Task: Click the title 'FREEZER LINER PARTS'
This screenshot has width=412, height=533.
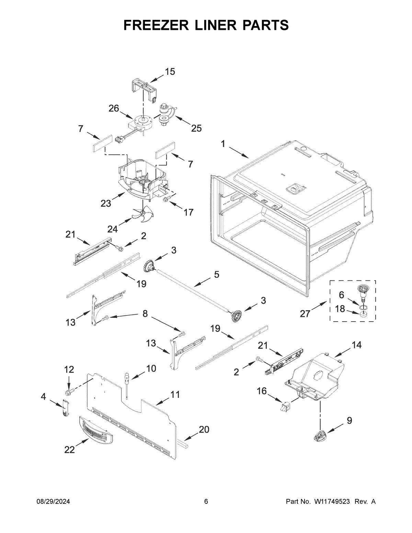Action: click(206, 25)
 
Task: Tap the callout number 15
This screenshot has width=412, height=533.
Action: click(170, 72)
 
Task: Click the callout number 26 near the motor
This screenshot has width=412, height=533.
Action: click(114, 108)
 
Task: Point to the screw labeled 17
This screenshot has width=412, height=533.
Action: click(168, 199)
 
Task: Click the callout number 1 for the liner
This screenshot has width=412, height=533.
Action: click(223, 144)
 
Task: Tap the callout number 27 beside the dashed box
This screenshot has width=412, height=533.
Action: click(305, 314)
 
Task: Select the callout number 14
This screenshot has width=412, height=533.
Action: click(356, 345)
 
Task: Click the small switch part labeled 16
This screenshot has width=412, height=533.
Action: click(284, 407)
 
